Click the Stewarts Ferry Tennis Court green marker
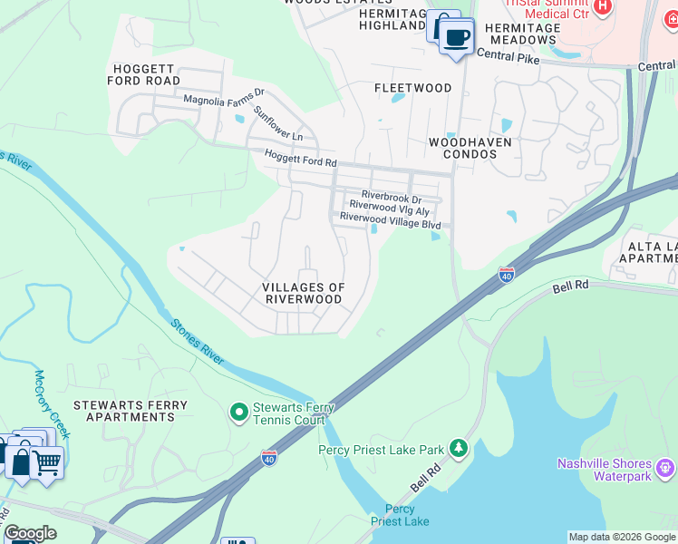click(239, 413)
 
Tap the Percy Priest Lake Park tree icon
click(460, 448)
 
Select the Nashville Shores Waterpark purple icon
click(667, 468)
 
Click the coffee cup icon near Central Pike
click(457, 37)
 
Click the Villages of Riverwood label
click(304, 293)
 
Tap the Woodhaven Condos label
click(470, 148)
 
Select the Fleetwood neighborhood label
click(413, 88)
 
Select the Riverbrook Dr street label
click(392, 196)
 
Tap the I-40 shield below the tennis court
click(269, 459)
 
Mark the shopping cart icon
click(46, 463)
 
